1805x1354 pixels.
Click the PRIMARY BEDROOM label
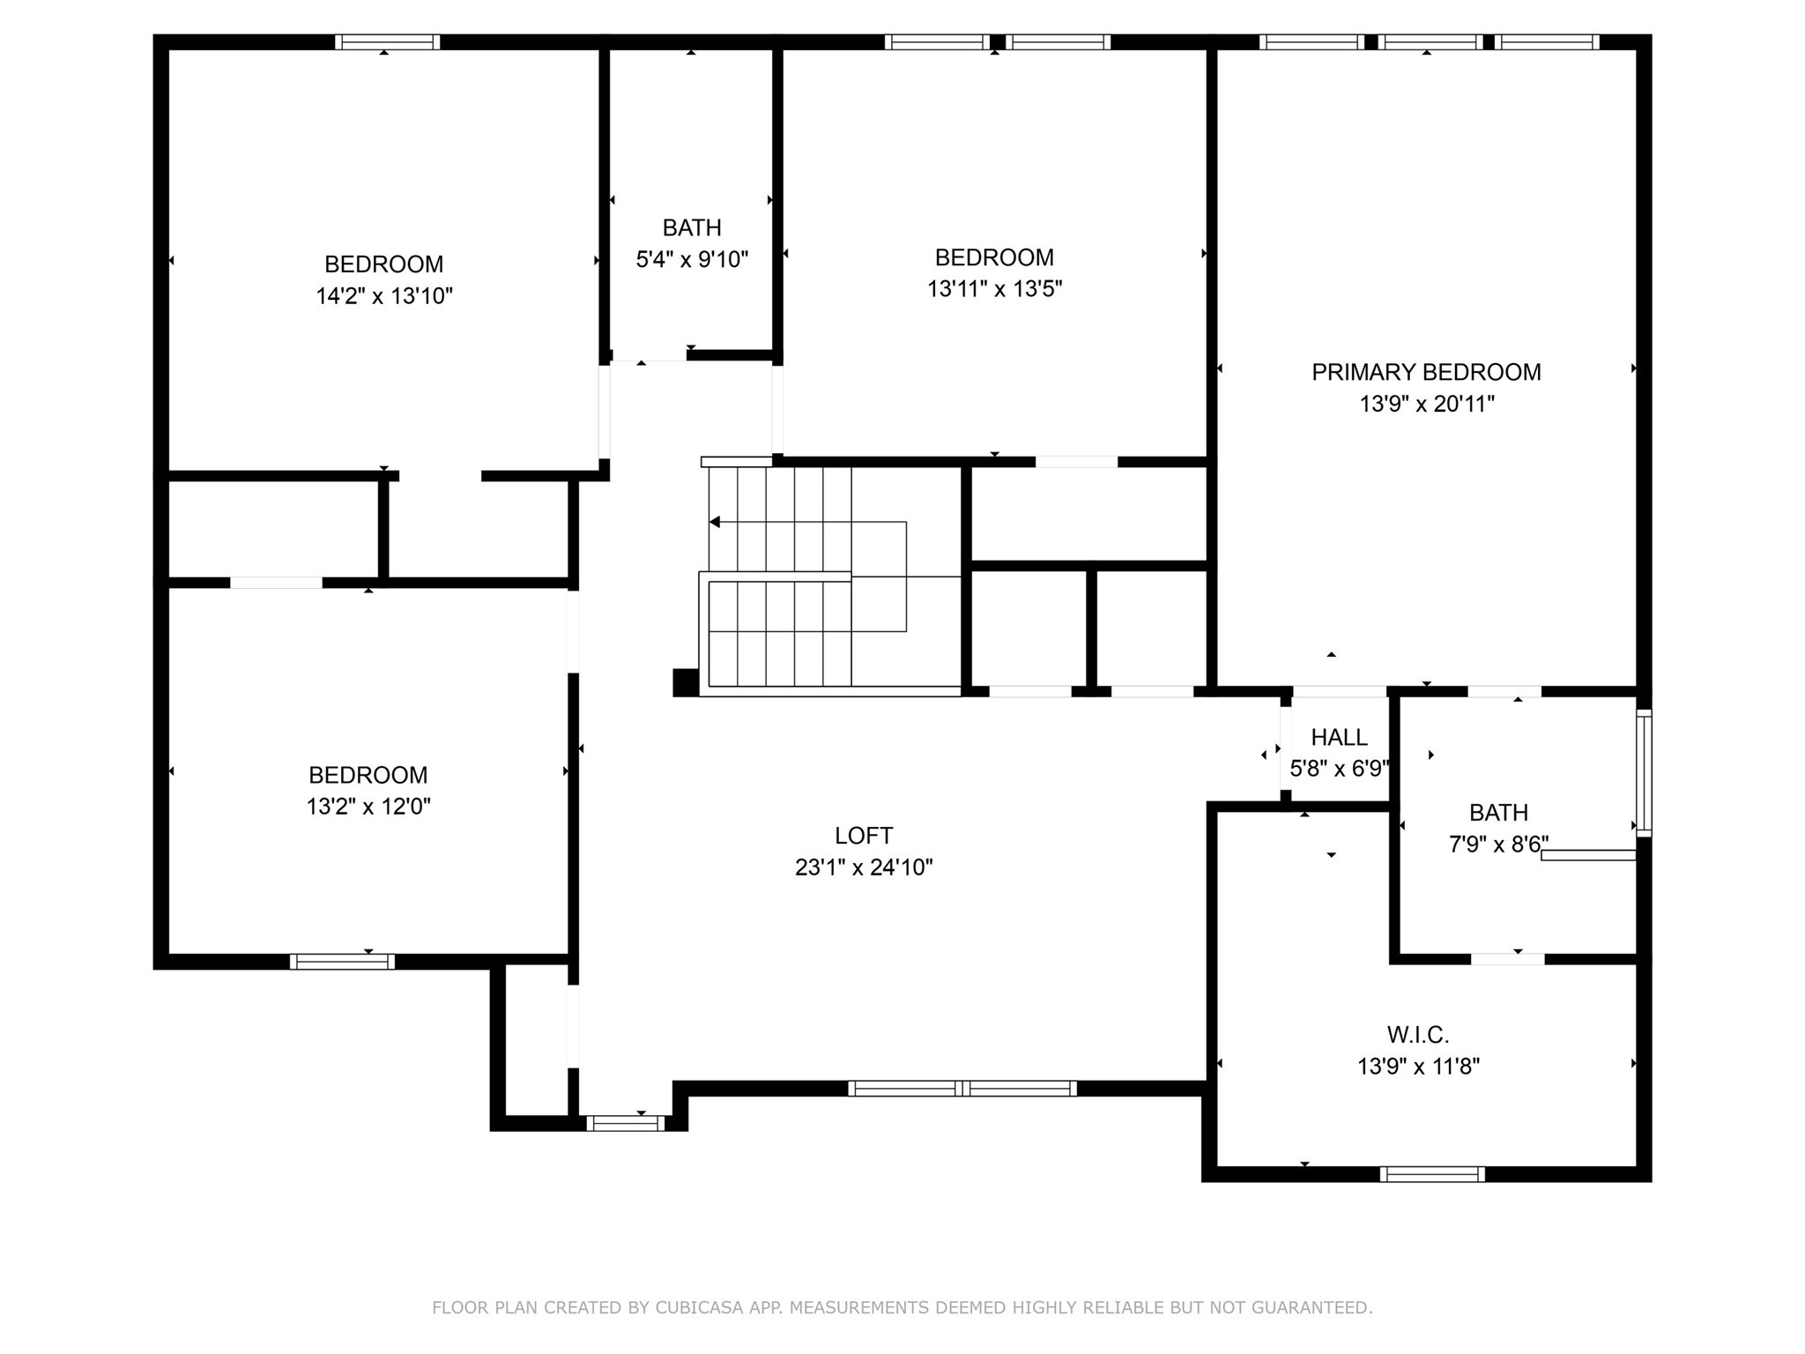point(1426,372)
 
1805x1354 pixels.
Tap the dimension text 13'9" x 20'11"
point(1426,404)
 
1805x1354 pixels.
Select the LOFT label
point(864,835)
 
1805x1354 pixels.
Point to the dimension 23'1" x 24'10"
point(864,867)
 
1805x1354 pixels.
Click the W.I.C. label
point(1418,1034)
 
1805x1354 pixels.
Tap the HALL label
point(1339,737)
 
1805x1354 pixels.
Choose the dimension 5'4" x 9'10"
point(692,259)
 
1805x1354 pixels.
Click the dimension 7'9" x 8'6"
point(1497,844)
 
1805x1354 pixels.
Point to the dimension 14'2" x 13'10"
point(384,295)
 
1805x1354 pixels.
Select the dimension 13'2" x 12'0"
point(368,807)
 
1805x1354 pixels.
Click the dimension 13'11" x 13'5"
point(994,289)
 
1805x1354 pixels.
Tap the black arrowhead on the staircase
point(715,522)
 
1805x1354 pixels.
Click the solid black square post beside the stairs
point(685,682)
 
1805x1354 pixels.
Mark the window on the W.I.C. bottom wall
point(1432,1174)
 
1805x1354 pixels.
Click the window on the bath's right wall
point(1644,772)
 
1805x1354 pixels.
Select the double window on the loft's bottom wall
point(962,1089)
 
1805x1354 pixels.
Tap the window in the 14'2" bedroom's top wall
point(387,41)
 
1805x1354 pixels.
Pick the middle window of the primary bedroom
point(1430,41)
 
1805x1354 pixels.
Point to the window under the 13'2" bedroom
point(342,962)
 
